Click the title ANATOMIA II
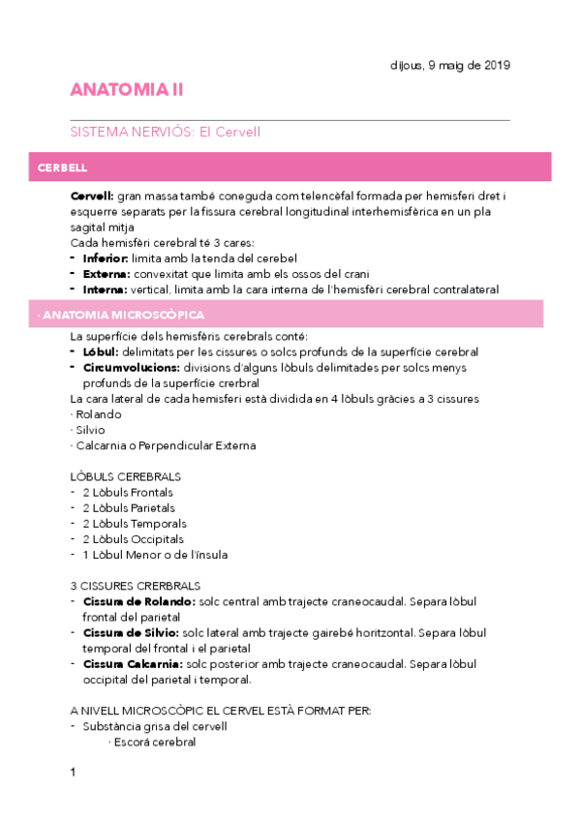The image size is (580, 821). tap(126, 90)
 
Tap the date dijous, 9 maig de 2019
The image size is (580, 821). tap(443, 65)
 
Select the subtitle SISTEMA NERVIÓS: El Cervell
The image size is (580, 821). tap(166, 132)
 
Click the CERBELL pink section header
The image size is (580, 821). tap(63, 167)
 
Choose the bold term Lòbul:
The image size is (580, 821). tap(101, 352)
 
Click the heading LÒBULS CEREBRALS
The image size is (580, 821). tap(126, 476)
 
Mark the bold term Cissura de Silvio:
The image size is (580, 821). tap(131, 632)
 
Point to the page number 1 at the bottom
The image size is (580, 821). tap(73, 772)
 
